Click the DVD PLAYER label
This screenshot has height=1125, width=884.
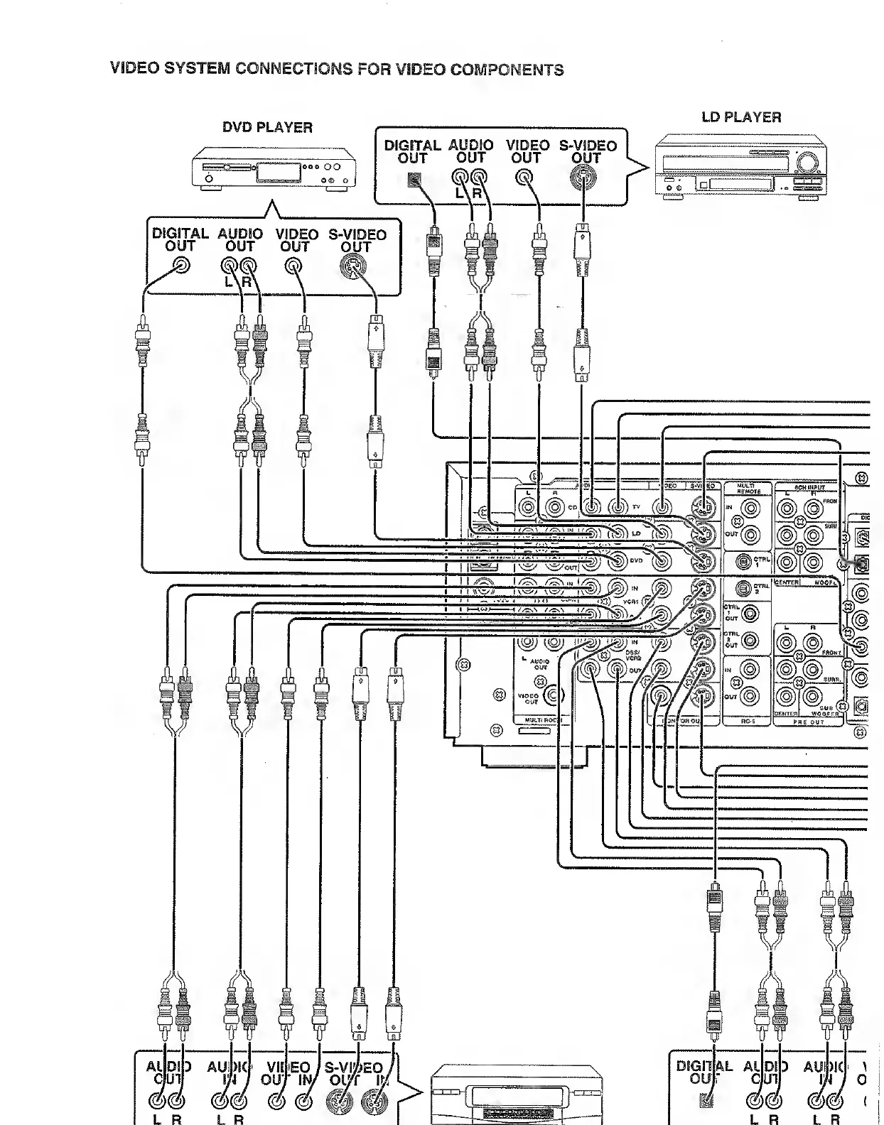[267, 128]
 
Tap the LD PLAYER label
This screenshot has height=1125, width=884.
[741, 117]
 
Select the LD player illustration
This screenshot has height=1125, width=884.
[741, 169]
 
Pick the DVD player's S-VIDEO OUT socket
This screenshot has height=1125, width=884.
[352, 268]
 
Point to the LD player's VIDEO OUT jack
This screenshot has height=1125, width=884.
[527, 178]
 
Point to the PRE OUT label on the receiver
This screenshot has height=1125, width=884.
[809, 722]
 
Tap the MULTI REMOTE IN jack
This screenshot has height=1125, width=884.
[751, 508]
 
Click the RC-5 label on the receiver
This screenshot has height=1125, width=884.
[747, 721]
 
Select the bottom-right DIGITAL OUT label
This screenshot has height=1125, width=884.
[704, 1072]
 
